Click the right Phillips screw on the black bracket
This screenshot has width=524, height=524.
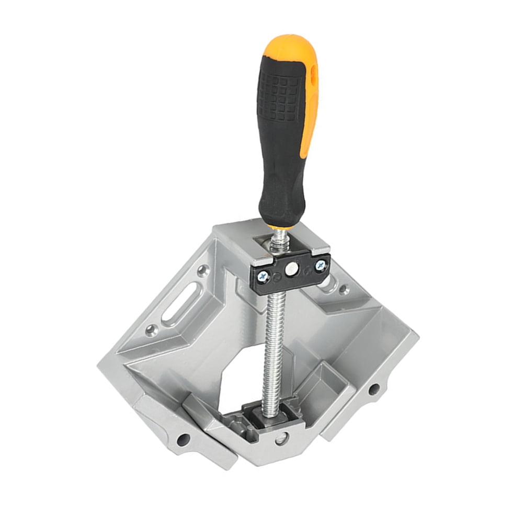[x=320, y=266]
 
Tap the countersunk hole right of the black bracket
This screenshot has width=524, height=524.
[x=343, y=289]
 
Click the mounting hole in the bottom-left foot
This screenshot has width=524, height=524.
[x=183, y=439]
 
